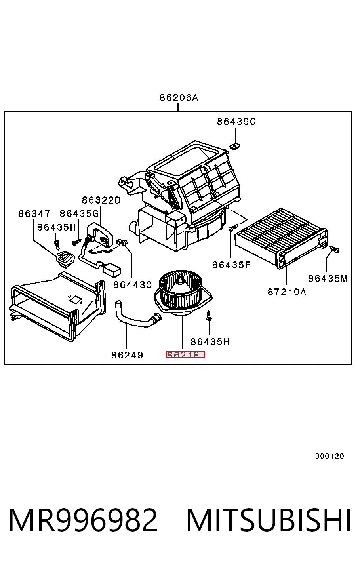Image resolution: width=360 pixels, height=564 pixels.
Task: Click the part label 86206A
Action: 179,97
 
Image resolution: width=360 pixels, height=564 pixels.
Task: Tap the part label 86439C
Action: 236,122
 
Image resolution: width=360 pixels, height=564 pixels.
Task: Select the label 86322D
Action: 101,200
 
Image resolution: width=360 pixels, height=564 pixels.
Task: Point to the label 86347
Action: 34,214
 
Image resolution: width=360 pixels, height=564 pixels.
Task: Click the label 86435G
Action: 79,214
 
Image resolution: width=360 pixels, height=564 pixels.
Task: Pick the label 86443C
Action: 132,285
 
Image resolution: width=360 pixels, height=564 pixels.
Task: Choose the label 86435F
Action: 231,265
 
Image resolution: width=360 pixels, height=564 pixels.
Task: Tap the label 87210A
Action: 286,292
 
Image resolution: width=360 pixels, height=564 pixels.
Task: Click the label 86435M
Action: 328,278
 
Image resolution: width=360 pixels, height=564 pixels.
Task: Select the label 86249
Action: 127,355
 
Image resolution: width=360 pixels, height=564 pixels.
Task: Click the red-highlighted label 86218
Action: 185,355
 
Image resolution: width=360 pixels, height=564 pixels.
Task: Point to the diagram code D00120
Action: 330,456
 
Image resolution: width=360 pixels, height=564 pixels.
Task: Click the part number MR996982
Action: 83,520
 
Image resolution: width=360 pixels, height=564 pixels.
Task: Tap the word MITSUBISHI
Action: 269,520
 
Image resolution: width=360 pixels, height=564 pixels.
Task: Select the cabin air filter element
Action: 281,238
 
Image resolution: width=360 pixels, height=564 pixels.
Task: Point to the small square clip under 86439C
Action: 235,146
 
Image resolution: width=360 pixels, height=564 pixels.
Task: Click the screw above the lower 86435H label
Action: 209,316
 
